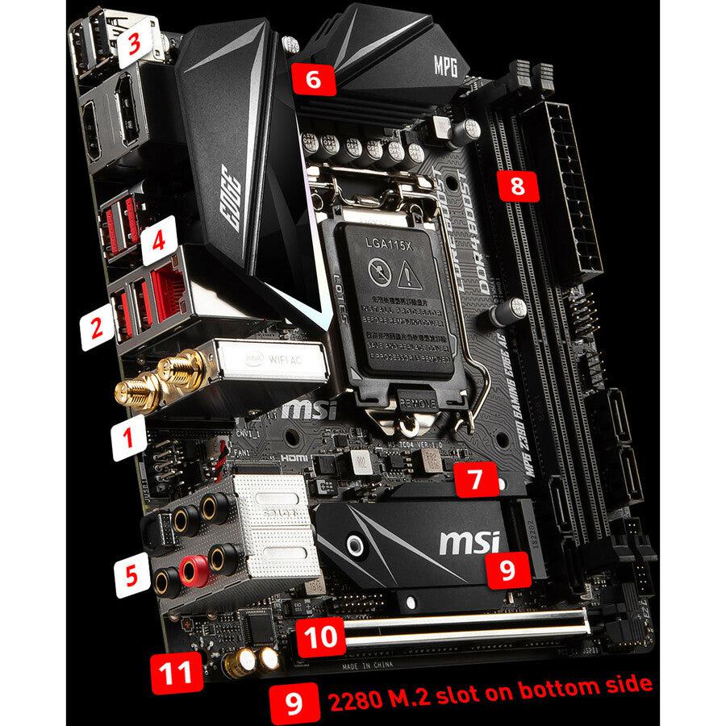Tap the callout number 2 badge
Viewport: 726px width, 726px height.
click(96, 328)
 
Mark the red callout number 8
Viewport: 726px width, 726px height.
click(517, 187)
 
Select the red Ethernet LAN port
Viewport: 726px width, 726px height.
click(166, 290)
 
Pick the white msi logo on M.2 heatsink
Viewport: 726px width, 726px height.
click(467, 540)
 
